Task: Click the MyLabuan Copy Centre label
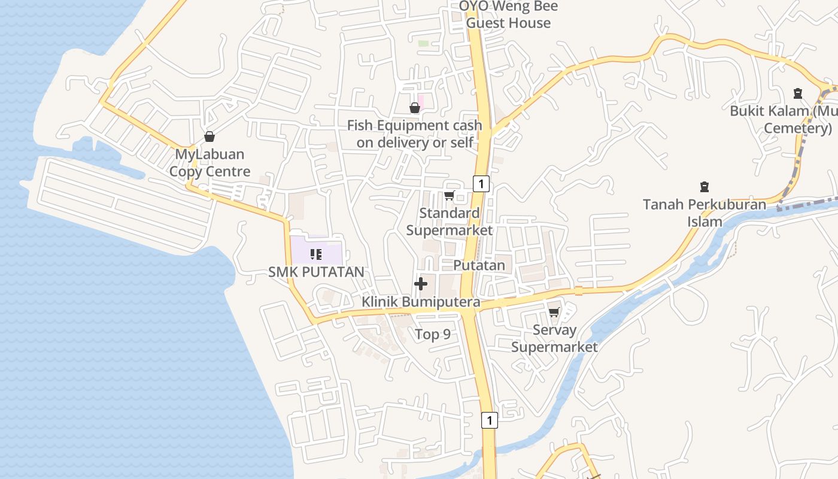click(x=209, y=163)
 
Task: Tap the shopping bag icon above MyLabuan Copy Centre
click(x=209, y=137)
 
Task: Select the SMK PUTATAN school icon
click(x=316, y=254)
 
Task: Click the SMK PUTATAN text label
click(x=316, y=272)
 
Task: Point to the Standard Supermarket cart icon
click(x=449, y=195)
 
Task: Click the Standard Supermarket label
click(x=450, y=222)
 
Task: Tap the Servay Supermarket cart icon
click(x=554, y=312)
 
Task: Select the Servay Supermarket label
click(x=554, y=338)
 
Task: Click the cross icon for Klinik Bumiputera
click(x=421, y=284)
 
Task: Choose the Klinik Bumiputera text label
click(x=421, y=302)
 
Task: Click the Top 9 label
click(x=433, y=334)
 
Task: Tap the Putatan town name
click(x=479, y=265)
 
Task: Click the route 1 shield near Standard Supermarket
click(x=481, y=184)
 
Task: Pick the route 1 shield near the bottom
click(x=490, y=420)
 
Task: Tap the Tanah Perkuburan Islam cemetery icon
click(x=705, y=187)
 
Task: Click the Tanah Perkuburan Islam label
click(x=705, y=213)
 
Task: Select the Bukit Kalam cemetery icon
click(x=797, y=93)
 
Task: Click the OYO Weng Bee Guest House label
click(x=509, y=15)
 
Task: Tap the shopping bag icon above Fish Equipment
click(x=414, y=108)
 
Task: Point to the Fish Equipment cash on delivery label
click(x=415, y=134)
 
